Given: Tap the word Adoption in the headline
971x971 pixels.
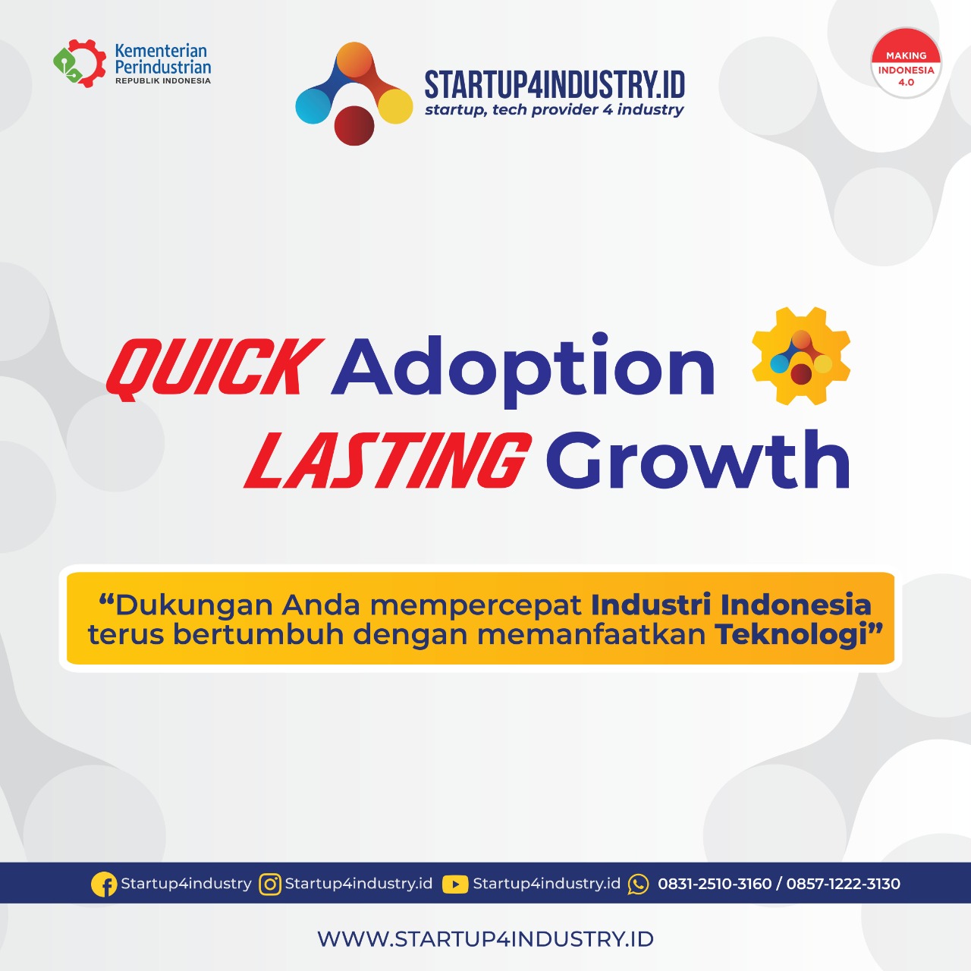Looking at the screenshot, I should point(523,367).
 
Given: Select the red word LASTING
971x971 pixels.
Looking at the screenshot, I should point(387,460).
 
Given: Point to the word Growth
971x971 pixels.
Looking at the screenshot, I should point(698,460).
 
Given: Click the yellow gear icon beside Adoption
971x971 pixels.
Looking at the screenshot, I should point(801,357).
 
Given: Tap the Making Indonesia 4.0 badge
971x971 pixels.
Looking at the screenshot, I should point(906,64).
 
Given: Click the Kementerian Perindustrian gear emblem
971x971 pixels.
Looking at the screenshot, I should point(80,64).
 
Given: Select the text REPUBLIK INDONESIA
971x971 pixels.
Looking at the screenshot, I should point(163,81).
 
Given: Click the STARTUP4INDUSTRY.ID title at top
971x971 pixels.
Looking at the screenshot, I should point(555,84).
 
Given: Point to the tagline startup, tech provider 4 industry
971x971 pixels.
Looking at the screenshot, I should point(555,110).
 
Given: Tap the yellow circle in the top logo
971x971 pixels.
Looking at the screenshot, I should point(395,105).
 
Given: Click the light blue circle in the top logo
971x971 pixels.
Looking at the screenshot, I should point(313,105).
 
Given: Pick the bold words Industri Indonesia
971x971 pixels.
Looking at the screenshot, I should point(731,605).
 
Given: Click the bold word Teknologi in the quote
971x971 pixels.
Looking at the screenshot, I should point(791,634).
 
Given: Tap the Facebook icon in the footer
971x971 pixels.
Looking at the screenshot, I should point(104,884).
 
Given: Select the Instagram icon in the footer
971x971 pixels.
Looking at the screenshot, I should point(270,884).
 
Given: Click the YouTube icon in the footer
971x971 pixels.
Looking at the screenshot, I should point(455,884).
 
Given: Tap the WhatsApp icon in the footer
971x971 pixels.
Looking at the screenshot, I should point(639,884).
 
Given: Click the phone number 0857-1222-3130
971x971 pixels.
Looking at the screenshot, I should point(843,884).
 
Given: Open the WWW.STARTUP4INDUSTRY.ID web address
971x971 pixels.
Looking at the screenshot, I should point(485,939).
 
